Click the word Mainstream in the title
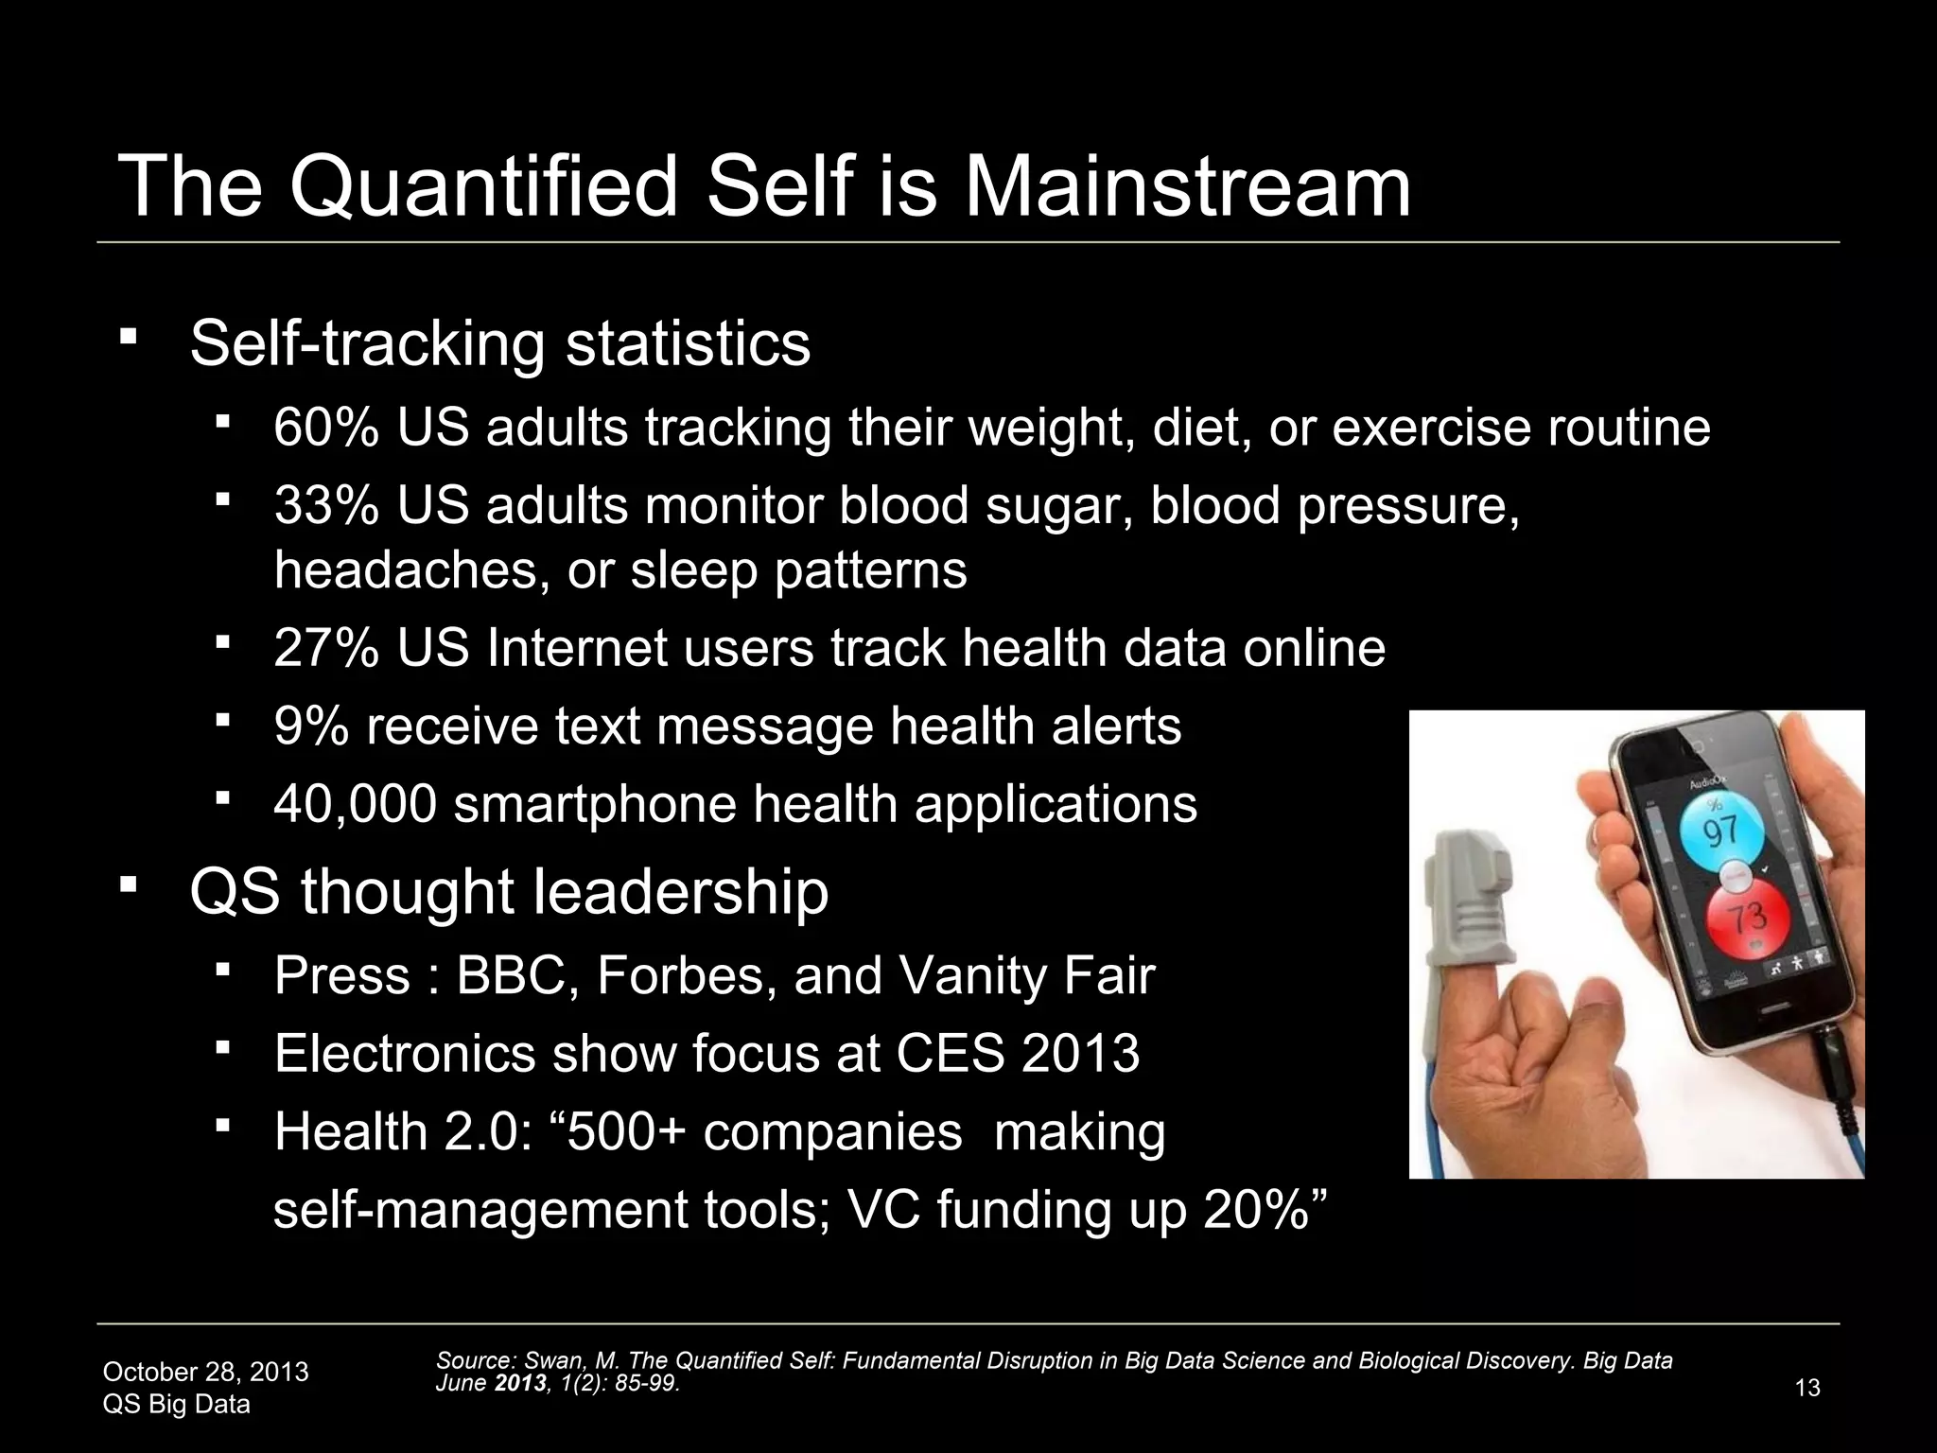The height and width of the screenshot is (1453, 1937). coord(1187,186)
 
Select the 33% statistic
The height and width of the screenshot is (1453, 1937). coord(326,505)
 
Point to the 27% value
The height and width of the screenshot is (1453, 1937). coord(326,649)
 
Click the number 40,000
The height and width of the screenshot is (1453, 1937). coord(355,804)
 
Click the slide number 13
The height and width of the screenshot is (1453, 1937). coord(1806,1388)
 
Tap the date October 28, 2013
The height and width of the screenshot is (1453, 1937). coord(205,1372)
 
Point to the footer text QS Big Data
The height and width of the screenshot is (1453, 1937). coord(176,1405)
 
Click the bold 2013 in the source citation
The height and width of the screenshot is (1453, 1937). coord(519,1383)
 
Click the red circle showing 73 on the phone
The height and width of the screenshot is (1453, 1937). coord(1747,916)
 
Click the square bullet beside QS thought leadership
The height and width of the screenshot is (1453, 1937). coord(129,886)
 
